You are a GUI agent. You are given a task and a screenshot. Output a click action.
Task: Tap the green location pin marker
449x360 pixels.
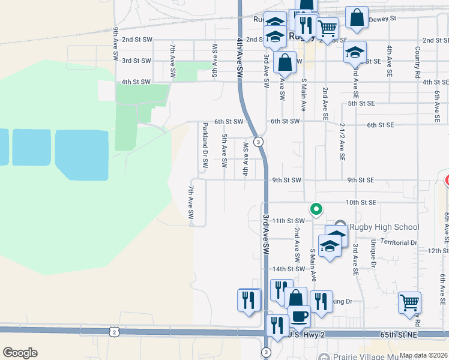coord(316,209)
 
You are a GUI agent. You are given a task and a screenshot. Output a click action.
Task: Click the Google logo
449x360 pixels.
coord(20,353)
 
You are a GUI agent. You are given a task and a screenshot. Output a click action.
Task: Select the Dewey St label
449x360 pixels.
coord(383,19)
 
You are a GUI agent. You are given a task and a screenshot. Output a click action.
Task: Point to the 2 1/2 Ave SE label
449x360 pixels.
coord(342,142)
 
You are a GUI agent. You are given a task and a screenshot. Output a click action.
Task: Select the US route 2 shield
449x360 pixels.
coord(113,331)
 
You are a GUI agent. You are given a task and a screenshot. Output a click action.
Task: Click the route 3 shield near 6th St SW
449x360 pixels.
coord(258,142)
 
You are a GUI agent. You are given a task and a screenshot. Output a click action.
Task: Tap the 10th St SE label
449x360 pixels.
coord(360,202)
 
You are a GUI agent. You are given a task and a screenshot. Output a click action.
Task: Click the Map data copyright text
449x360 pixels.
coord(423,355)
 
